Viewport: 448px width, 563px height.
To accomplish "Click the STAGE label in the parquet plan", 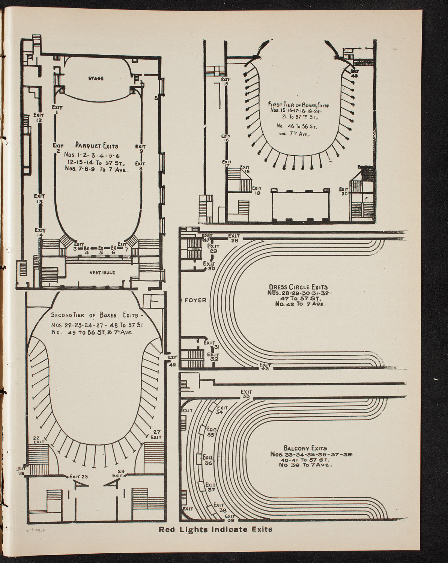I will pyautogui.click(x=96, y=78).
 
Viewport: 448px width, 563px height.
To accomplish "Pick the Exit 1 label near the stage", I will pyautogui.click(x=57, y=109).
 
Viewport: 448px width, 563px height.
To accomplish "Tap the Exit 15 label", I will pyautogui.click(x=225, y=81).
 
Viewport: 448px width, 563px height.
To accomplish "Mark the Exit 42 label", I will pyautogui.click(x=265, y=367).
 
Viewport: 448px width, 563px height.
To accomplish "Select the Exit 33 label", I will pyautogui.click(x=246, y=394).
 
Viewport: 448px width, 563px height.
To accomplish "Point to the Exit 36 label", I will pyautogui.click(x=208, y=460).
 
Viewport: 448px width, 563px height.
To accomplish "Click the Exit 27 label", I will pyautogui.click(x=156, y=434).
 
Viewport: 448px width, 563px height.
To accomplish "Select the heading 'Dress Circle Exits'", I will pyautogui.click(x=298, y=287).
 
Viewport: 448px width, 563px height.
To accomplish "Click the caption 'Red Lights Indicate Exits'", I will pyautogui.click(x=215, y=530).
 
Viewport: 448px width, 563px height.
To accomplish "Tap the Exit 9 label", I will pyautogui.click(x=141, y=149).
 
